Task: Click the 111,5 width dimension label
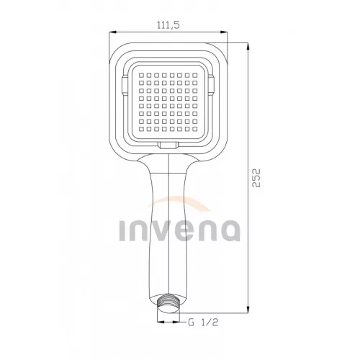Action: [168, 25]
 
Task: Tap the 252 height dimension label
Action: [256, 178]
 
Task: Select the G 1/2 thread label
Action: [203, 322]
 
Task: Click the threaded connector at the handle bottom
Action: [168, 303]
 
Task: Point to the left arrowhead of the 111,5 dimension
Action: [112, 32]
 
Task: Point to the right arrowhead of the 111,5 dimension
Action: [224, 32]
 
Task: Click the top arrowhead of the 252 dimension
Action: [248, 47]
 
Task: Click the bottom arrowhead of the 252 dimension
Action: [248, 309]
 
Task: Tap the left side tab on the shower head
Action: [125, 84]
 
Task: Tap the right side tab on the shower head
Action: [211, 84]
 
